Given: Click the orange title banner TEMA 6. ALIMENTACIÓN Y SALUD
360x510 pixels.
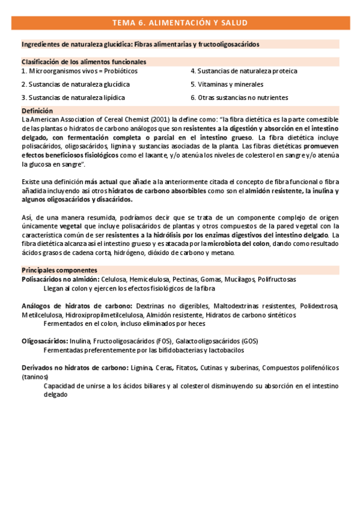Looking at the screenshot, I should (x=180, y=23).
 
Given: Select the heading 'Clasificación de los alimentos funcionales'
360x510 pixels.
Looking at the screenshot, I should (x=84, y=61).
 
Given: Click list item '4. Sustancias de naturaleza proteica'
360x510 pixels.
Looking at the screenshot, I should (x=243, y=71).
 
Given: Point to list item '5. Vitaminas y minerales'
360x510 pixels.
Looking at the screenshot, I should (x=227, y=84).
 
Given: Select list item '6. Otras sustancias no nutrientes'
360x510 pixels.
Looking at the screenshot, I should (x=239, y=97).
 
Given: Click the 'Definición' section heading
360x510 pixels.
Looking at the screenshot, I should (x=37, y=111).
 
